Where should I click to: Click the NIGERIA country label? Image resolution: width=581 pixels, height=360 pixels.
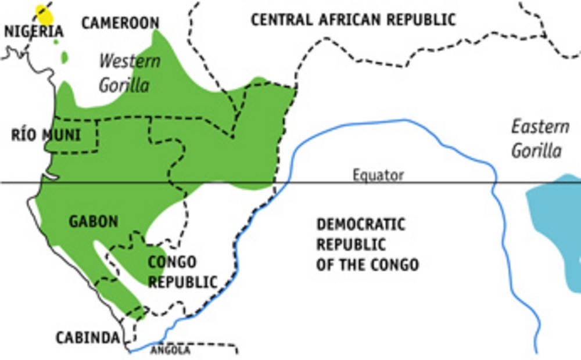click(x=34, y=31)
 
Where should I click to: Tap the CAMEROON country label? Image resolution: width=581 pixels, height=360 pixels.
click(x=120, y=23)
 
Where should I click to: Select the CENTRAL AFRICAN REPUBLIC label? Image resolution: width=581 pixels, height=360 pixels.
click(x=353, y=19)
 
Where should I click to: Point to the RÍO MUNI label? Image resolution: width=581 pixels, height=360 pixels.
click(x=46, y=135)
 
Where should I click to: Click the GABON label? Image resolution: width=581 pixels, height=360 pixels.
click(x=94, y=221)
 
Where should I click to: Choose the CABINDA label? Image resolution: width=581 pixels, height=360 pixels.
click(x=88, y=337)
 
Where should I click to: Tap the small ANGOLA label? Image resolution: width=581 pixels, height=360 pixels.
click(x=170, y=350)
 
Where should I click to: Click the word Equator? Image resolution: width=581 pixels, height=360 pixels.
click(x=378, y=175)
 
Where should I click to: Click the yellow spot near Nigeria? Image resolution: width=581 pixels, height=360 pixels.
click(x=44, y=15)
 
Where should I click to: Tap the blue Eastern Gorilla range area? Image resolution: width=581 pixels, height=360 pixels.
click(x=555, y=226)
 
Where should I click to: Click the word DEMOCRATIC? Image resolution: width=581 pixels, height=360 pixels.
click(x=360, y=224)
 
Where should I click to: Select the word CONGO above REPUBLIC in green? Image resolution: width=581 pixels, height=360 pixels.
click(x=172, y=262)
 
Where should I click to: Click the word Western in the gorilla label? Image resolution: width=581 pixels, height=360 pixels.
click(x=129, y=61)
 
